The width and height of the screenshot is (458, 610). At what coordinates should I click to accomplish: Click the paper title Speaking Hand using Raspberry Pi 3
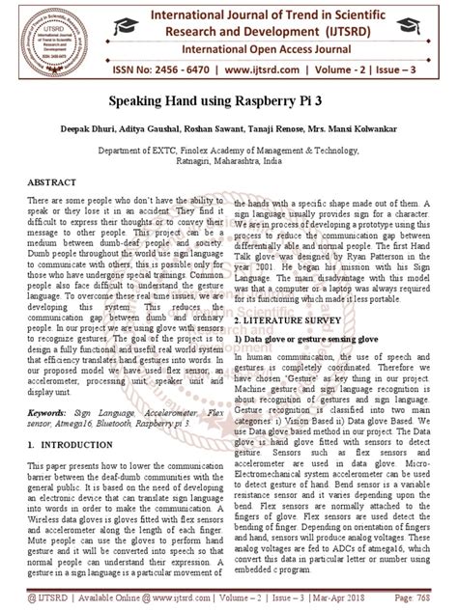pos(229,100)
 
